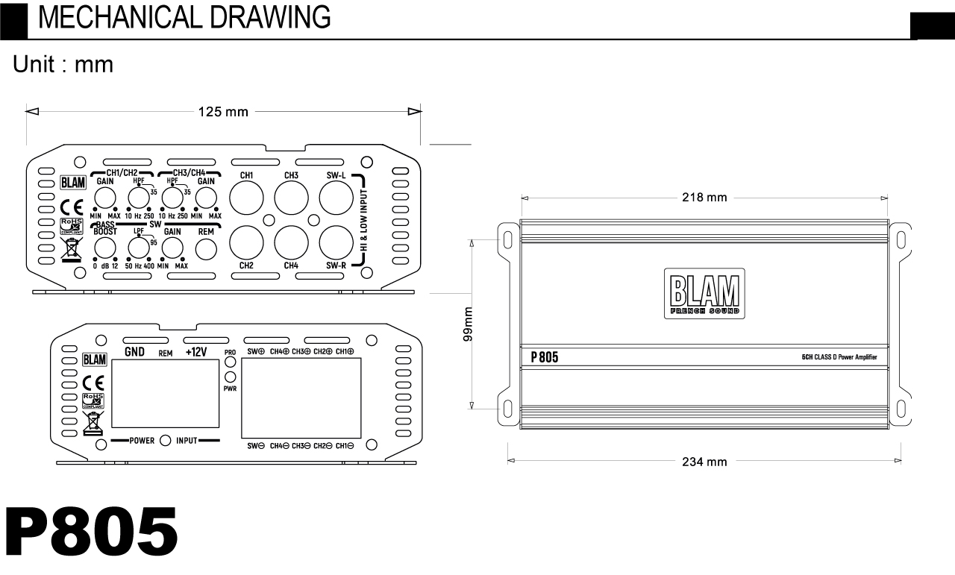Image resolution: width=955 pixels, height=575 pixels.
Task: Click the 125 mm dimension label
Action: (x=223, y=112)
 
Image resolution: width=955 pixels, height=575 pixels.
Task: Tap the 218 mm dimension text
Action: (x=704, y=198)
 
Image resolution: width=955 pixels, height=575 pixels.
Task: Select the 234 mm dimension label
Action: (x=704, y=462)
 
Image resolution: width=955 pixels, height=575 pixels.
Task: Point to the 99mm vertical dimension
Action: (x=468, y=324)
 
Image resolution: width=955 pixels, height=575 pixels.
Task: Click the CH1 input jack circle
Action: (x=246, y=198)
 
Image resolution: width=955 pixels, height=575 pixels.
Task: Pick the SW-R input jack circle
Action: (x=336, y=242)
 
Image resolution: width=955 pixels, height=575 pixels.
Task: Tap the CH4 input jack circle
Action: (x=291, y=242)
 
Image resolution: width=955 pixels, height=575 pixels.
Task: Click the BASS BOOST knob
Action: (x=105, y=248)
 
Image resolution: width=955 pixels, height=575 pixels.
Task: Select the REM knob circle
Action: (x=206, y=249)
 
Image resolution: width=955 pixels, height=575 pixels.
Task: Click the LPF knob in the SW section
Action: (x=139, y=248)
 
